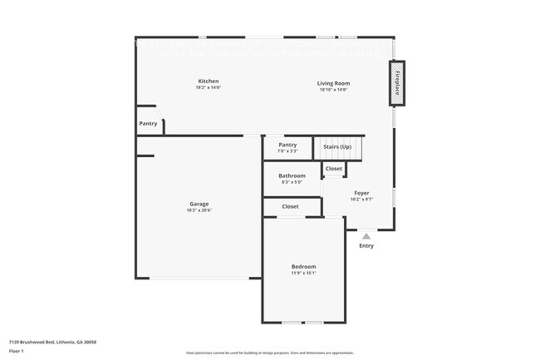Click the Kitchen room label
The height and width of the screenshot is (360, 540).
point(208,81)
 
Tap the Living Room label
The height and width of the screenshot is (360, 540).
point(334,82)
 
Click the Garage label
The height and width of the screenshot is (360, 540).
point(199,204)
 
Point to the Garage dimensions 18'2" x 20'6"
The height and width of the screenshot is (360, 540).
point(199,211)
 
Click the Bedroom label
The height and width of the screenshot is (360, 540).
point(303,266)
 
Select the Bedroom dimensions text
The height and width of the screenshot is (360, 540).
point(303,274)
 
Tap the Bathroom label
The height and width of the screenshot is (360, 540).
point(292,175)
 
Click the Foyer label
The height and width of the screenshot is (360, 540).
point(361,192)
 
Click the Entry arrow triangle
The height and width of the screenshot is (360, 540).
point(366,236)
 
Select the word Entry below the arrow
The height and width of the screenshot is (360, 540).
point(366,246)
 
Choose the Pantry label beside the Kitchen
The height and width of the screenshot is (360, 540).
point(148,124)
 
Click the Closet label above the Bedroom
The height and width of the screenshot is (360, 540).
point(290,206)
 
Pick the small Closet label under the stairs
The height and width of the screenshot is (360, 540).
point(333,169)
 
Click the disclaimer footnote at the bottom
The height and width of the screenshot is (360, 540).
point(269,353)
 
